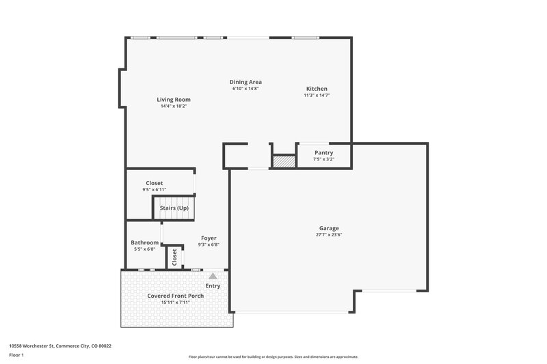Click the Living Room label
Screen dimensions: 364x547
[x=174, y=99]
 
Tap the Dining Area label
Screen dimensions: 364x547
[x=245, y=82]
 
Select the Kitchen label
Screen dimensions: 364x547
[x=317, y=89]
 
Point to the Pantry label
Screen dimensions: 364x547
[x=323, y=152]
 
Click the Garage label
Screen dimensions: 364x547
[x=329, y=228]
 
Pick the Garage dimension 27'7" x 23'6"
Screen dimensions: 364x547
[x=329, y=235]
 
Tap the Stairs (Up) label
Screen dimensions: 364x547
[x=174, y=208]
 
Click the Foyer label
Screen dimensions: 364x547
[x=209, y=238]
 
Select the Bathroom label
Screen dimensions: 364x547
[x=145, y=242]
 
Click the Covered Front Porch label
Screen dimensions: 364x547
[x=176, y=296]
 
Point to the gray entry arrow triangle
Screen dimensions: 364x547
[x=213, y=276]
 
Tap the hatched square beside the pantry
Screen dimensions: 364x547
[x=283, y=162]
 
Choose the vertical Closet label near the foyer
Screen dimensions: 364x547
[x=175, y=257]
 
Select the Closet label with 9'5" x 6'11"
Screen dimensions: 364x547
[x=154, y=183]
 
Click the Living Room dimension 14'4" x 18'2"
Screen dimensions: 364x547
[x=174, y=106]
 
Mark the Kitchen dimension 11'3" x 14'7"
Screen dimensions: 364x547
[x=317, y=96]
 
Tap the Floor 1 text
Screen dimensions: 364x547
[x=16, y=355]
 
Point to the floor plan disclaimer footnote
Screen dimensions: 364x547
[x=273, y=356]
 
